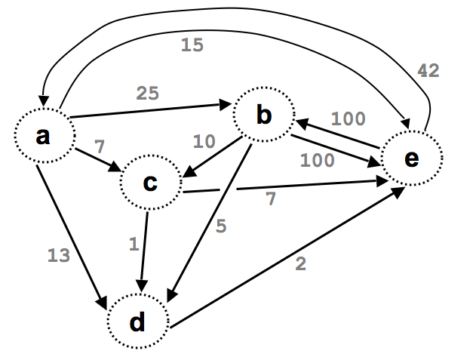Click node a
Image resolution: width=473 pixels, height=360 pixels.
44,136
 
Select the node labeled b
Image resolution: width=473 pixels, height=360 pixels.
263,115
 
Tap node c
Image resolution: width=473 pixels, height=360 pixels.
150,183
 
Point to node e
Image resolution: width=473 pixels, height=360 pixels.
412,158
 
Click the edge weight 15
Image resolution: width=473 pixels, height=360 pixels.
192,45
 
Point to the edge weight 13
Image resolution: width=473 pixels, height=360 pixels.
59,255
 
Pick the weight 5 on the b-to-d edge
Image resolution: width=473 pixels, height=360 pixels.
220,226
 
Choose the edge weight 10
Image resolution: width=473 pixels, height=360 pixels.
203,141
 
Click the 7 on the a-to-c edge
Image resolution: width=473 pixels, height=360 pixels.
99,143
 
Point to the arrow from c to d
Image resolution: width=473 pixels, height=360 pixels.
146,249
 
